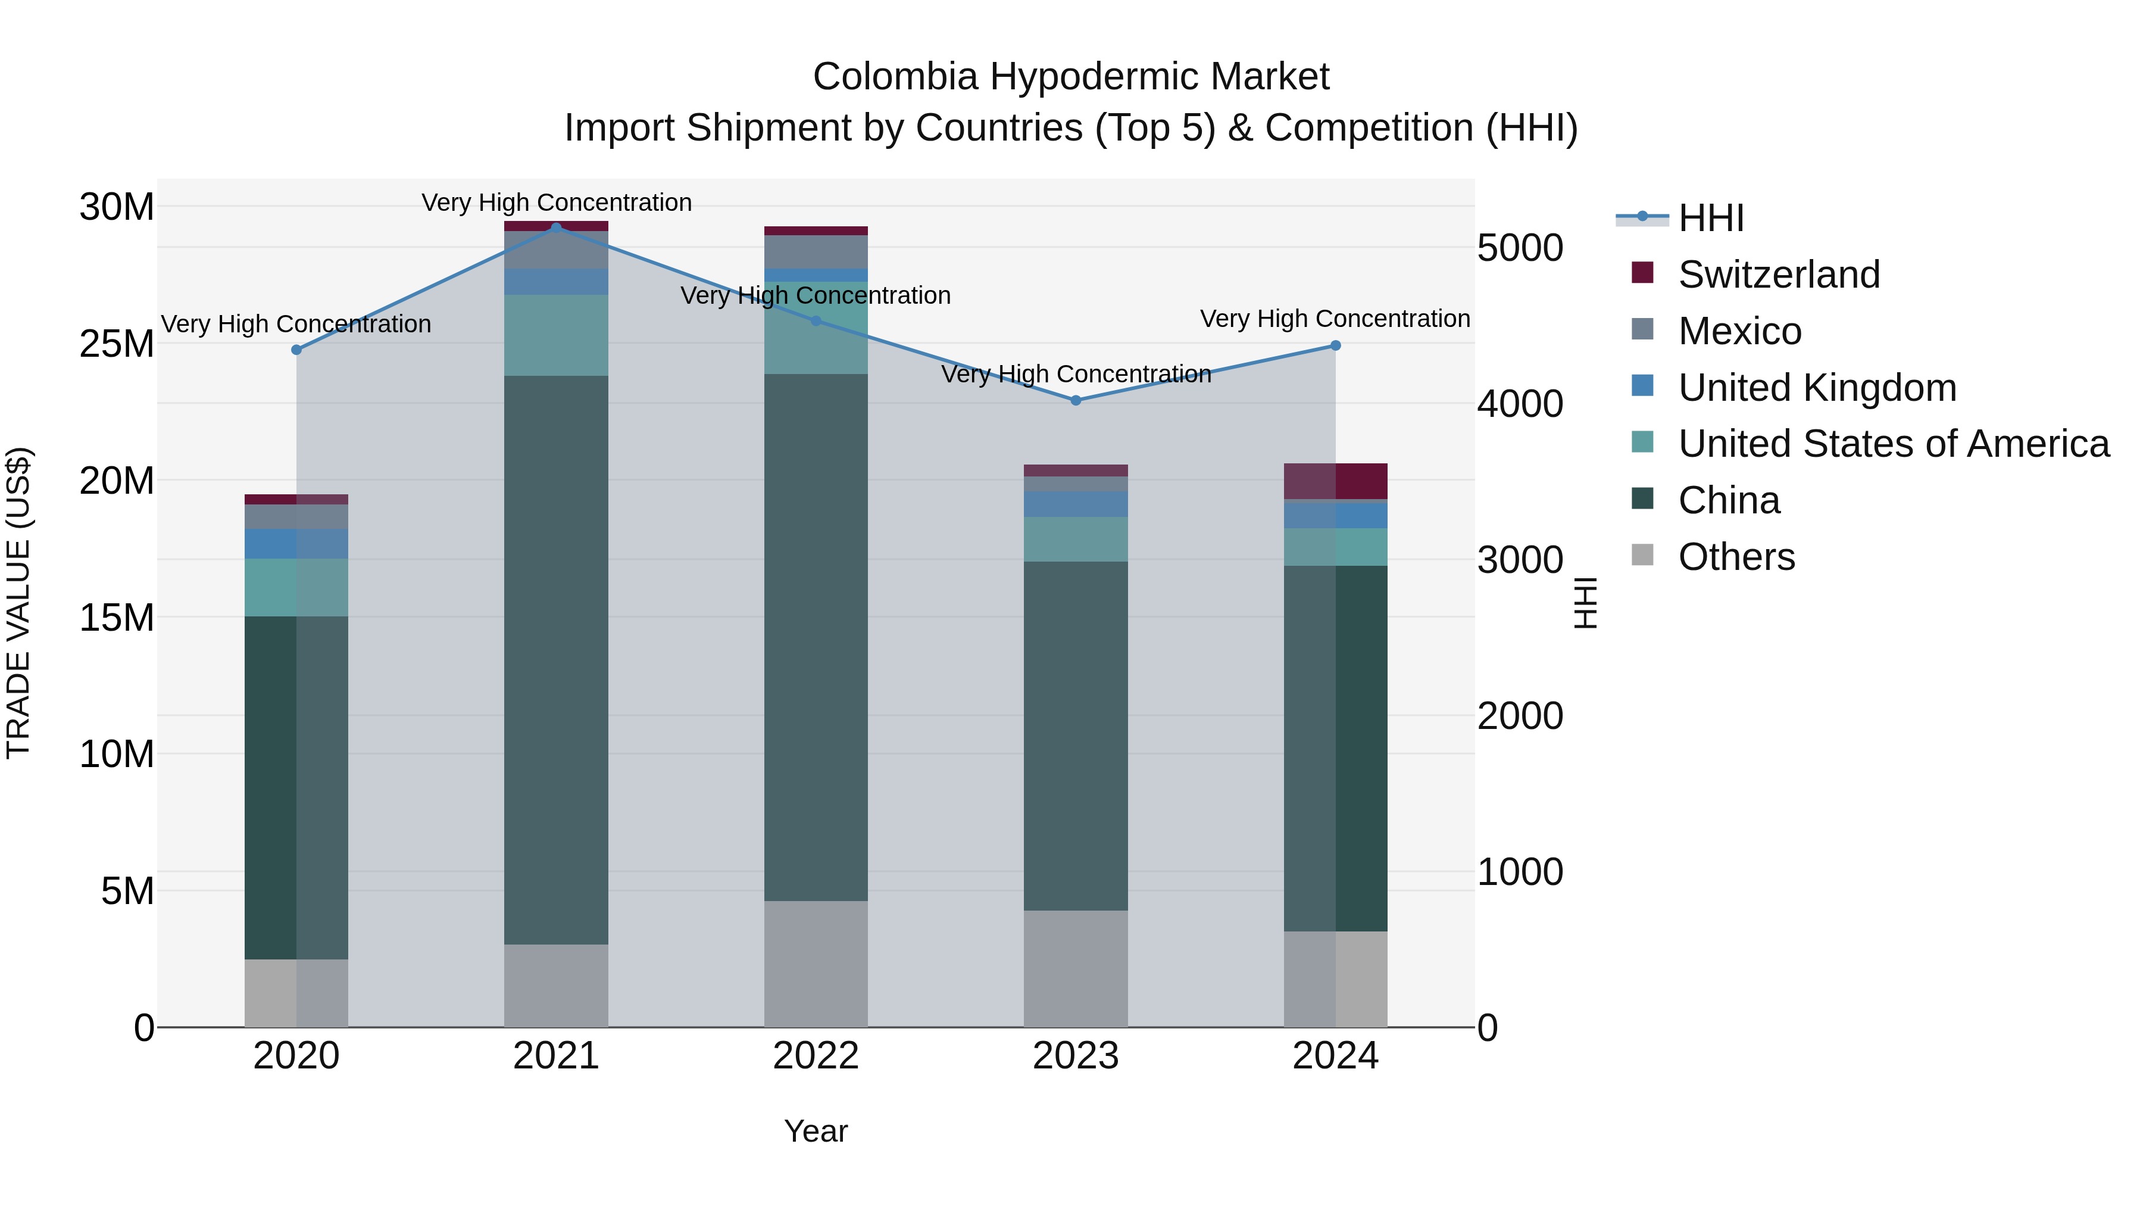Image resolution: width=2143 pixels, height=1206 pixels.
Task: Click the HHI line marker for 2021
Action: tap(557, 228)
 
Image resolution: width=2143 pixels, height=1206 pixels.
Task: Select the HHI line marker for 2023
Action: tap(1076, 400)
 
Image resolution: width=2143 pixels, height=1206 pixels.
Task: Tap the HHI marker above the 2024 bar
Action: tap(1335, 345)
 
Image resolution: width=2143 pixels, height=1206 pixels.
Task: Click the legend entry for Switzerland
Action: tap(1779, 275)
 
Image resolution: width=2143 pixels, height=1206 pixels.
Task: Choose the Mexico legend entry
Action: tap(1739, 331)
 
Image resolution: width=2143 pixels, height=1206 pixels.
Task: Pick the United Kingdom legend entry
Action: tap(1817, 388)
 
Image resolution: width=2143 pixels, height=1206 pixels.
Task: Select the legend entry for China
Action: tap(1729, 501)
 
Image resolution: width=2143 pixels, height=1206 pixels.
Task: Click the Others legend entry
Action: tap(1736, 557)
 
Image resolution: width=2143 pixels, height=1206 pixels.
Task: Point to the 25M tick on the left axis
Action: tap(117, 344)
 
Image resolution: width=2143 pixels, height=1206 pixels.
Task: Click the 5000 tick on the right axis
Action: tap(1520, 248)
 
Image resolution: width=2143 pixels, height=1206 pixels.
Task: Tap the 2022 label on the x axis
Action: tap(816, 1056)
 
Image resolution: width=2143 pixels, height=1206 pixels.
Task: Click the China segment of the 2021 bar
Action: tap(556, 659)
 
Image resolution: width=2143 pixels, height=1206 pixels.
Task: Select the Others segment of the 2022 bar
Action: tap(816, 963)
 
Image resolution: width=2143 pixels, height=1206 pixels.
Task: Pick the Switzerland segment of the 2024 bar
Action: tap(1335, 481)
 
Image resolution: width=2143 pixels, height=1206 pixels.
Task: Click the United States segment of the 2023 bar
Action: tap(1075, 540)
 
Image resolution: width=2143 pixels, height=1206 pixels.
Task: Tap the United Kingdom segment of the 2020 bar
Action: tap(296, 544)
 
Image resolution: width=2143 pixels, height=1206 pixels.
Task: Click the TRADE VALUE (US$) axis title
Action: tap(18, 603)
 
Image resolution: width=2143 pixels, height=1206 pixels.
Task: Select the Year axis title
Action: tap(816, 1131)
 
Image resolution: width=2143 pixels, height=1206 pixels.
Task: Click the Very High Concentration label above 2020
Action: tap(296, 324)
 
